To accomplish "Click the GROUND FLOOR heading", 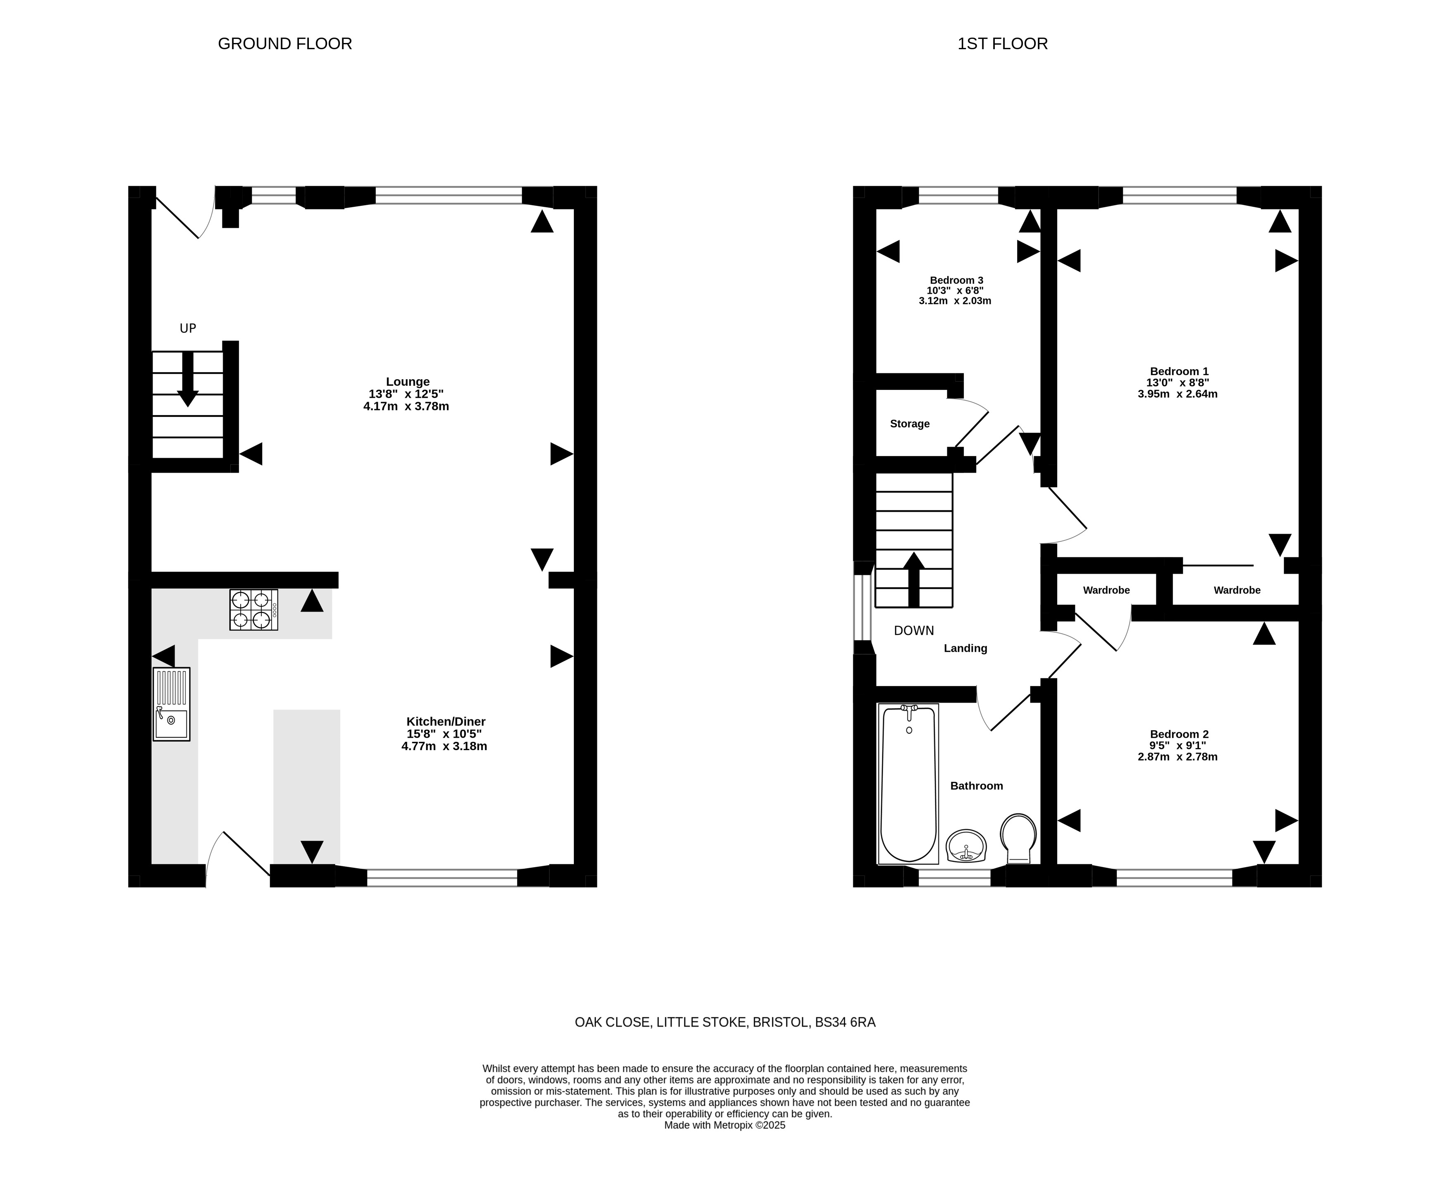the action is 284,44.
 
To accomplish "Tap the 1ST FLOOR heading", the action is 1003,44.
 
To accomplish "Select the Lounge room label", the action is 408,382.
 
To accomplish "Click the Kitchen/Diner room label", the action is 445,721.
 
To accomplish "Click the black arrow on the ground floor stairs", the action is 187,379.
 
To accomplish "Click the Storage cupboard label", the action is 910,423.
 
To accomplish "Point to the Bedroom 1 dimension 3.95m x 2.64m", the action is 1177,394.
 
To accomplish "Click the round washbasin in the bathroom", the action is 966,846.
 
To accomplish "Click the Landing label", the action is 965,648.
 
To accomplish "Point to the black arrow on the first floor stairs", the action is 913,580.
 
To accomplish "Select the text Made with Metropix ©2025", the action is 725,1125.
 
